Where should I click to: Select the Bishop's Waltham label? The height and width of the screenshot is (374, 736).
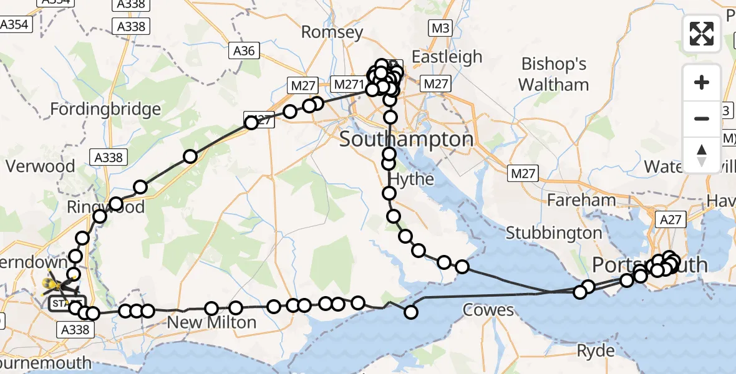pos(554,74)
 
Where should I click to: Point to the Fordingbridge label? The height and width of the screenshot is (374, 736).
pos(105,110)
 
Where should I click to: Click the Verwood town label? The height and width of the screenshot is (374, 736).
pos(41,166)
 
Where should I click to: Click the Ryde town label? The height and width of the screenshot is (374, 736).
pos(596,351)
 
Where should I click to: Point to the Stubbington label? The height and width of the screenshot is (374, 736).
pos(554,233)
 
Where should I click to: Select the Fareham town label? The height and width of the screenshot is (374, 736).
pos(581,200)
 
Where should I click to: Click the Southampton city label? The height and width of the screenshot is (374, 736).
pos(407,140)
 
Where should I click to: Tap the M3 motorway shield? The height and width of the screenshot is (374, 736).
pos(440,27)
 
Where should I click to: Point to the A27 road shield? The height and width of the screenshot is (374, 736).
pos(672,219)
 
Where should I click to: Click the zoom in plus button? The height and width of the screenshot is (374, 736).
pos(702,82)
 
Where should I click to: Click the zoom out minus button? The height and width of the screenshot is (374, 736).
pos(702,118)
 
